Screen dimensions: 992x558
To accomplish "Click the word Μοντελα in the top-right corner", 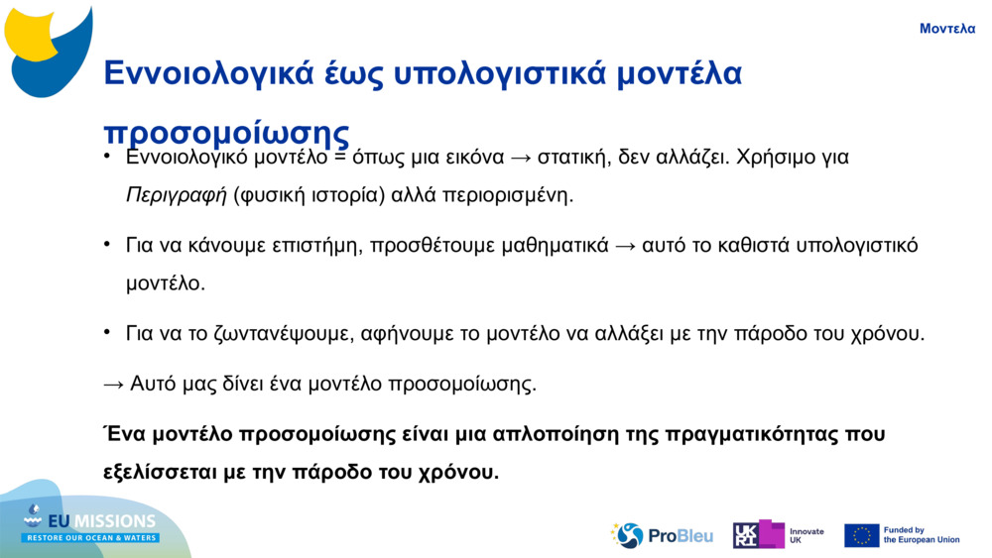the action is (947, 29).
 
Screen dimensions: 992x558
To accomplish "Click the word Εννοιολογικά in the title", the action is (208, 73).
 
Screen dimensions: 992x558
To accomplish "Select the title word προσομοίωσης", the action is (226, 133).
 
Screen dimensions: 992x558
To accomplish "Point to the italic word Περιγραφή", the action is (176, 195).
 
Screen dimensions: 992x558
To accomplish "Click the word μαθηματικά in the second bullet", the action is (555, 246).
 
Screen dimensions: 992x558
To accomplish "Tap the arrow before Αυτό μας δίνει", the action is (113, 385).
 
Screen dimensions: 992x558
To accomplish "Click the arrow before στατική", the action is (521, 158).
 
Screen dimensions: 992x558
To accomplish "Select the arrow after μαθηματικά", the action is (625, 246).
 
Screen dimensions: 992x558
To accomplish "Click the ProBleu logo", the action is (662, 536).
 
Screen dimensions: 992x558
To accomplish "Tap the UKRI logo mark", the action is (758, 534).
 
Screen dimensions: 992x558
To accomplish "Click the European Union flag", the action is (862, 536).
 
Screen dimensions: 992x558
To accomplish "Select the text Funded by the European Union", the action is (922, 535).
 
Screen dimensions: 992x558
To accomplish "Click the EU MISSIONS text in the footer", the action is (102, 521).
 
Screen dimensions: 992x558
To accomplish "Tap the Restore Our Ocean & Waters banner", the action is (90, 538).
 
